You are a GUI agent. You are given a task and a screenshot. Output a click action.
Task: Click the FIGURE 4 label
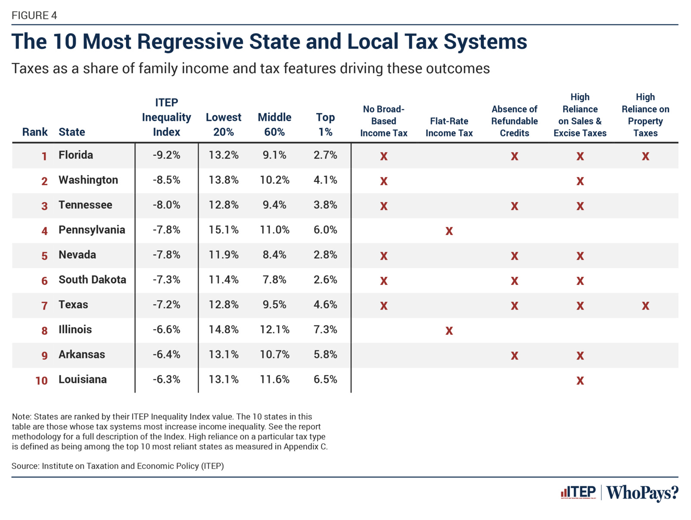pos(34,15)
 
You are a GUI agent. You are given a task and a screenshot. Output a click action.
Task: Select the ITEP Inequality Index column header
pos(166,117)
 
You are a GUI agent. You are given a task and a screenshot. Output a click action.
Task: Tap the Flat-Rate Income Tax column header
pos(449,127)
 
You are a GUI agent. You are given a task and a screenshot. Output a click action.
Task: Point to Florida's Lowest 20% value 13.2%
pos(224,155)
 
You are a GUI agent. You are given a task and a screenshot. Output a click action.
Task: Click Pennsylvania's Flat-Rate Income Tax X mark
pos(449,231)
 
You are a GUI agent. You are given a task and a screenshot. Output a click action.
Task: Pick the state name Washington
pos(88,180)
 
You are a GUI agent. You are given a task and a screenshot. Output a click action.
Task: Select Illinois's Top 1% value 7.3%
pos(325,330)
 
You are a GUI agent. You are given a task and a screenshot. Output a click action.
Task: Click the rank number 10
pos(41,381)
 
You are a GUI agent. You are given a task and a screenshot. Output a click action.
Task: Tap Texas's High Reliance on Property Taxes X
pos(645,306)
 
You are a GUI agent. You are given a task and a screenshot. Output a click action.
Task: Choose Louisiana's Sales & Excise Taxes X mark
pos(580,381)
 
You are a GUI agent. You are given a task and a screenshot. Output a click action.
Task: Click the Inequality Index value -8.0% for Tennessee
pos(166,205)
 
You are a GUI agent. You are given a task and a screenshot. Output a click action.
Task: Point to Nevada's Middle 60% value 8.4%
pos(274,255)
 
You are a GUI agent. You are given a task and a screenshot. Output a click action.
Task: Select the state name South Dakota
pos(92,280)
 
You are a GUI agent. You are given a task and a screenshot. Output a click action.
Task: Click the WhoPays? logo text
pos(642,492)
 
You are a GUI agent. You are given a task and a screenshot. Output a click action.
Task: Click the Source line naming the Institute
pos(118,466)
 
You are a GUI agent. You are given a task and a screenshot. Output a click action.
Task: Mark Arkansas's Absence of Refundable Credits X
pos(514,356)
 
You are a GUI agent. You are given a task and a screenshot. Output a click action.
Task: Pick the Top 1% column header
pos(325,124)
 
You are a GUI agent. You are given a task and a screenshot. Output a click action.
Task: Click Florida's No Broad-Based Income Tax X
pos(383,156)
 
